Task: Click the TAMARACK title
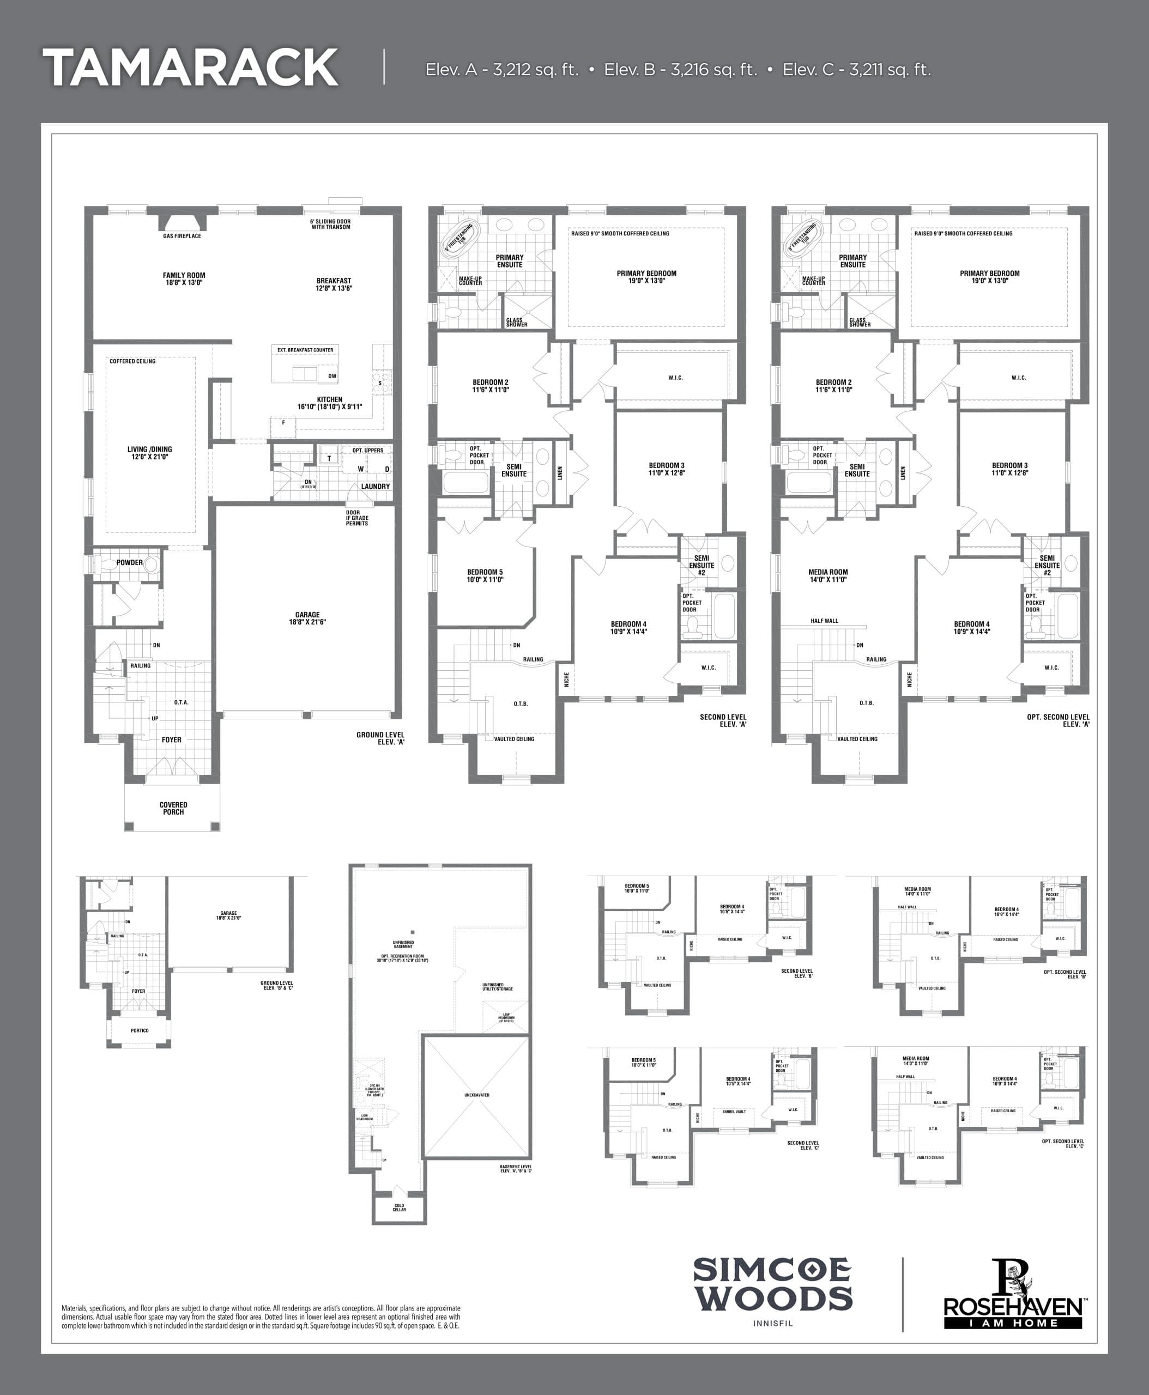click(x=191, y=68)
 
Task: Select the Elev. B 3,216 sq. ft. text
click(x=680, y=70)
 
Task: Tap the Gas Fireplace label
click(x=182, y=235)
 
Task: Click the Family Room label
click(x=184, y=278)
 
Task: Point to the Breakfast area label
click(x=334, y=284)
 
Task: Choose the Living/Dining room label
click(x=149, y=453)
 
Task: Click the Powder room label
click(x=129, y=562)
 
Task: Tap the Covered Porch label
click(x=173, y=808)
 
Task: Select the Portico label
click(x=140, y=1030)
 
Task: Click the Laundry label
click(x=375, y=487)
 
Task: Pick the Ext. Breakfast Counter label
click(x=305, y=349)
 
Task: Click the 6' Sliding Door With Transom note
click(x=330, y=225)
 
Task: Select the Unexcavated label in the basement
click(x=476, y=1095)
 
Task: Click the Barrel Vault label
click(x=734, y=1111)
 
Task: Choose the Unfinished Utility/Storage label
click(x=498, y=987)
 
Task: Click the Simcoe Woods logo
click(x=772, y=1284)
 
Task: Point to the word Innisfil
click(x=772, y=1324)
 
